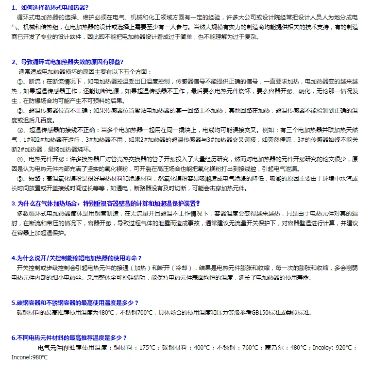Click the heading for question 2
[x=68, y=62]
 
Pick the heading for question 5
[x=75, y=303]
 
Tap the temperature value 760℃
[x=250, y=348]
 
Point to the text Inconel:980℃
[x=30, y=357]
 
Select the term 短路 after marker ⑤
[x=35, y=179]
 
